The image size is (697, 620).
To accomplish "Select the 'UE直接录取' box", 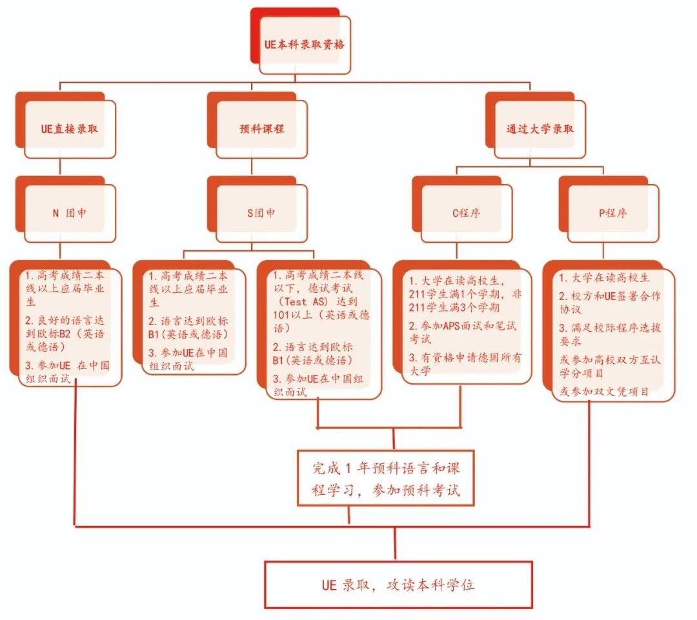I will click(x=70, y=128).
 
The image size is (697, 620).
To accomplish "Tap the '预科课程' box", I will click(x=261, y=128).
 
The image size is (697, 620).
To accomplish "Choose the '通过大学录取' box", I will click(x=540, y=128).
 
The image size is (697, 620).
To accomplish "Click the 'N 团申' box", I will click(x=70, y=213).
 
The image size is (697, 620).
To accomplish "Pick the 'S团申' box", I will click(x=261, y=213).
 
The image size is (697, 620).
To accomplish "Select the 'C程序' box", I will click(x=466, y=213).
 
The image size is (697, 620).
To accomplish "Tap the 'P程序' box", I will click(x=612, y=213).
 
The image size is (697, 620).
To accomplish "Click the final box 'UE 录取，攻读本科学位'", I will click(x=398, y=585).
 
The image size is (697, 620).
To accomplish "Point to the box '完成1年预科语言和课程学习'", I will click(x=386, y=478).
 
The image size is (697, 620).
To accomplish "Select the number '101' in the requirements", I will click(x=284, y=316).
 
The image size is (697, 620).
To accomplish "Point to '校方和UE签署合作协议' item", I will click(x=609, y=303).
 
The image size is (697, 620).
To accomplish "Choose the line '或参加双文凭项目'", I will click(x=604, y=391).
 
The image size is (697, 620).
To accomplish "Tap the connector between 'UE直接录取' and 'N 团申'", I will click(x=59, y=167).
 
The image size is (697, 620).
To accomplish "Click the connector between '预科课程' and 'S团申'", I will click(x=251, y=167).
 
